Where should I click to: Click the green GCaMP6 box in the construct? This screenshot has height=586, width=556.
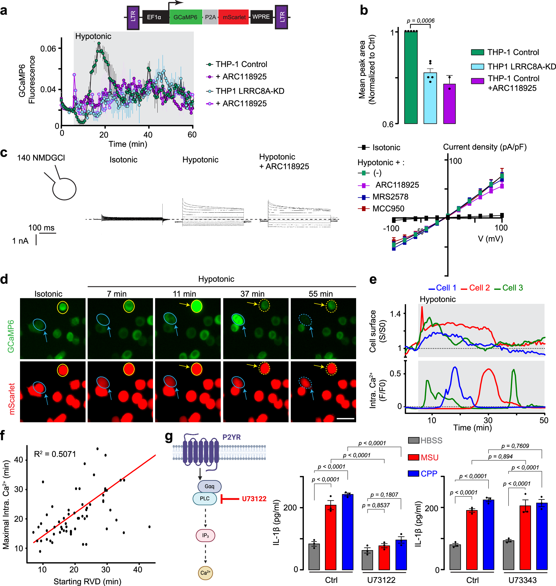pos(185,17)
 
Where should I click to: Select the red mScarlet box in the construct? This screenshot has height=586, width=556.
pos(234,17)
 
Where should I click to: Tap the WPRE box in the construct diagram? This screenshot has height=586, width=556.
pos(261,17)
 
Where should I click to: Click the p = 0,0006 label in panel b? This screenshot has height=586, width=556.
pos(421,21)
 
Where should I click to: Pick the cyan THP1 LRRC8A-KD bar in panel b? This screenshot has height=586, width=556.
pos(430,98)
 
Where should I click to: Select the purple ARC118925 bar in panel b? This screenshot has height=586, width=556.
pos(449,104)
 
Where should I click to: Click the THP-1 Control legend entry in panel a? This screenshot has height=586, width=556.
pos(241,64)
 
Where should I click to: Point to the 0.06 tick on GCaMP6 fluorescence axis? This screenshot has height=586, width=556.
pos(48,49)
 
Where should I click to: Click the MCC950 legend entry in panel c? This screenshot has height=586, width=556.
pos(388,209)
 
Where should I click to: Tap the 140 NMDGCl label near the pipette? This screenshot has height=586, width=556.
pos(41,158)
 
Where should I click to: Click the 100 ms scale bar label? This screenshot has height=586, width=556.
pos(41,228)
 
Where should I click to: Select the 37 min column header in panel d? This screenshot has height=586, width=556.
pos(252,294)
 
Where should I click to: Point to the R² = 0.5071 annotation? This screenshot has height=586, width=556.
pos(55,454)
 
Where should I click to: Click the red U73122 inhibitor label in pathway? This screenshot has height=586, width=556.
pos(254,499)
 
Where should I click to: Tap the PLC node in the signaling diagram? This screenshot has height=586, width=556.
pos(205,498)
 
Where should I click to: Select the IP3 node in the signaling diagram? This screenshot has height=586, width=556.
pos(205,536)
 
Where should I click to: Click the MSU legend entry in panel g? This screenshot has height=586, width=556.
pos(429,458)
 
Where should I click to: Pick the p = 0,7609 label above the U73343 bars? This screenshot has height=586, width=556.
pos(515,446)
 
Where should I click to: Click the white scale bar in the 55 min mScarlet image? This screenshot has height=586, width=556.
pos(345,419)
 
